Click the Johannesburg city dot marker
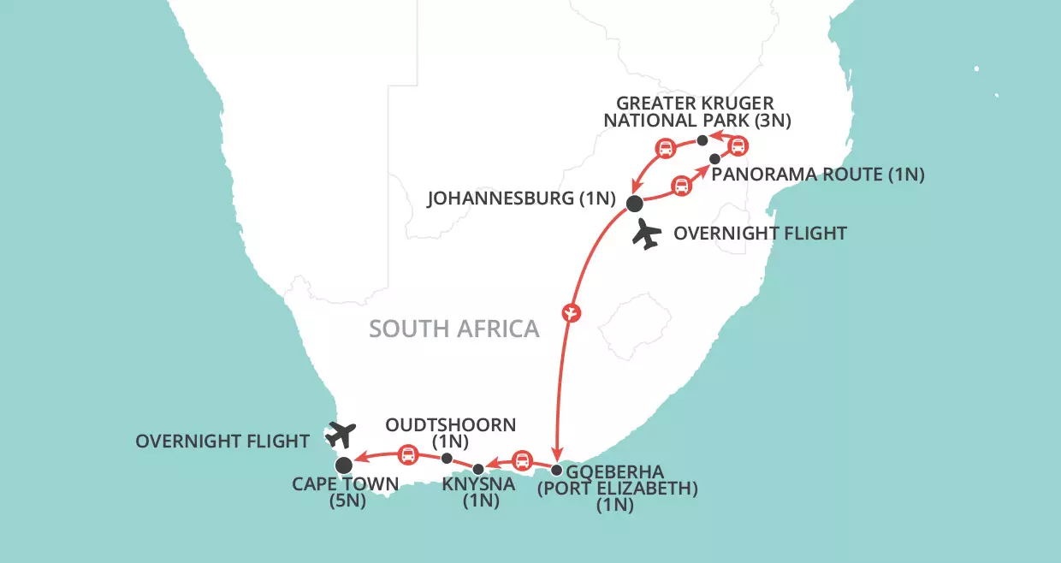(x=634, y=204)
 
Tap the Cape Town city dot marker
(x=343, y=465)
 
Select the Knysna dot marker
(x=478, y=469)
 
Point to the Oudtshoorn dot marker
(x=446, y=458)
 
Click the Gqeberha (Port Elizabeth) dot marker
(x=557, y=470)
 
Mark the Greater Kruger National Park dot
(x=702, y=140)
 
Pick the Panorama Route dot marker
(x=714, y=158)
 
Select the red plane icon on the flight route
(x=571, y=312)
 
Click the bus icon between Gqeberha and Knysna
(x=520, y=462)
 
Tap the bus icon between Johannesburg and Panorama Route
(x=680, y=186)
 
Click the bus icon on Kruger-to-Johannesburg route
(x=664, y=148)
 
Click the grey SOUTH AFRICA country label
(x=454, y=329)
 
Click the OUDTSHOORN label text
(x=450, y=425)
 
